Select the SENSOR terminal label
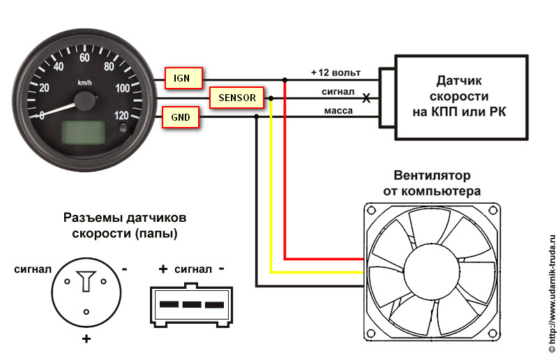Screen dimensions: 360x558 point(237,98)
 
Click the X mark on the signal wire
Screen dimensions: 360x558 point(365,98)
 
